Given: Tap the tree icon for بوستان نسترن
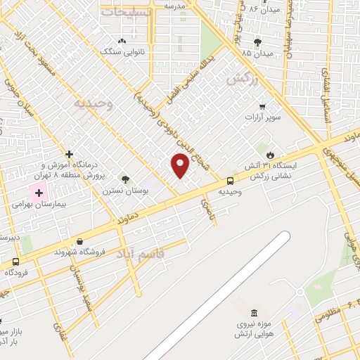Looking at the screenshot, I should pos(125,179).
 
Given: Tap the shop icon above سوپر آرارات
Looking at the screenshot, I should pos(262,107).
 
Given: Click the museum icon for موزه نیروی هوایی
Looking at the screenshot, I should pos(253,312).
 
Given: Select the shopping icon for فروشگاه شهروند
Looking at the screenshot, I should pos(79,241).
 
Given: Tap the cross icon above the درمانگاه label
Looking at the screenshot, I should pos(69,154).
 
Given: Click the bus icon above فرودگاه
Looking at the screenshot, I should pos(15,261).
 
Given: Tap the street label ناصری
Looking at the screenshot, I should pos(205,205).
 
